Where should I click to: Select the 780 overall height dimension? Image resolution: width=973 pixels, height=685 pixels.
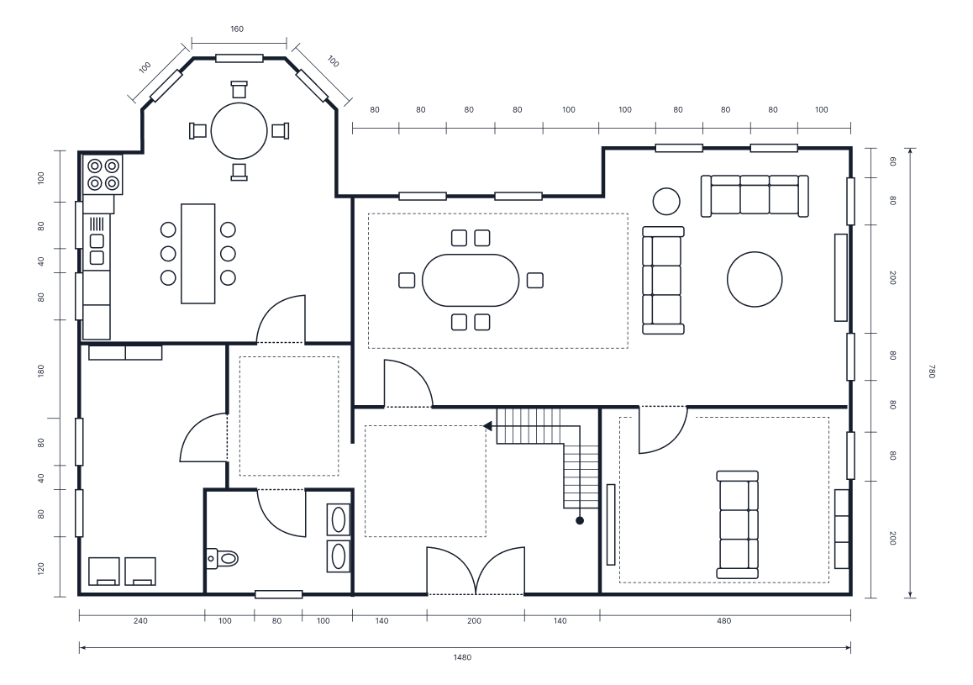click(930, 371)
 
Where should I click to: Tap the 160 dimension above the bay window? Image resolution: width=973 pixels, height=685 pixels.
click(237, 29)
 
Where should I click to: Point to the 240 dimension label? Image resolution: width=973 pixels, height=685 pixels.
click(140, 622)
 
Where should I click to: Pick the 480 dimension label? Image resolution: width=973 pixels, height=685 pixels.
click(724, 622)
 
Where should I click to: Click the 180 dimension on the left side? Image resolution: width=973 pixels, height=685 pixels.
click(40, 371)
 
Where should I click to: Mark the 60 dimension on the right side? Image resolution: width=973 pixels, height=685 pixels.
click(892, 161)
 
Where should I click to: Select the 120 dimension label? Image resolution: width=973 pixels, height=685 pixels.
click(40, 569)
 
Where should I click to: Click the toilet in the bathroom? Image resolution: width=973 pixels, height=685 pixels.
click(223, 557)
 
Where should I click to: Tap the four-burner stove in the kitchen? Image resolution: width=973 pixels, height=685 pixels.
click(103, 174)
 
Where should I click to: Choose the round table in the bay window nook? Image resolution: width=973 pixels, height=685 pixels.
click(239, 130)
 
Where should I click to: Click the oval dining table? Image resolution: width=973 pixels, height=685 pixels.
click(471, 280)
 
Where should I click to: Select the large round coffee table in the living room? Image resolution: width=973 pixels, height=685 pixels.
click(755, 280)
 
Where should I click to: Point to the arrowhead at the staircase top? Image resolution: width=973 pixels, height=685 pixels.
click(487, 426)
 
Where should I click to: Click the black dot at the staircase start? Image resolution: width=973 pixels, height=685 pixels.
click(580, 521)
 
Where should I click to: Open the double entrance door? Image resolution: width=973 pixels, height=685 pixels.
click(476, 572)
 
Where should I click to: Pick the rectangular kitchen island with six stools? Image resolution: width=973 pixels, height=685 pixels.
click(197, 253)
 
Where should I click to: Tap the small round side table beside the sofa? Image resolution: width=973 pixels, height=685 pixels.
click(666, 201)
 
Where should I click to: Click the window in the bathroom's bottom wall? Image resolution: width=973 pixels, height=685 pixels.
click(278, 594)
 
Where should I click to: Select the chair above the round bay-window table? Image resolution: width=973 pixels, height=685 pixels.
click(239, 88)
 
